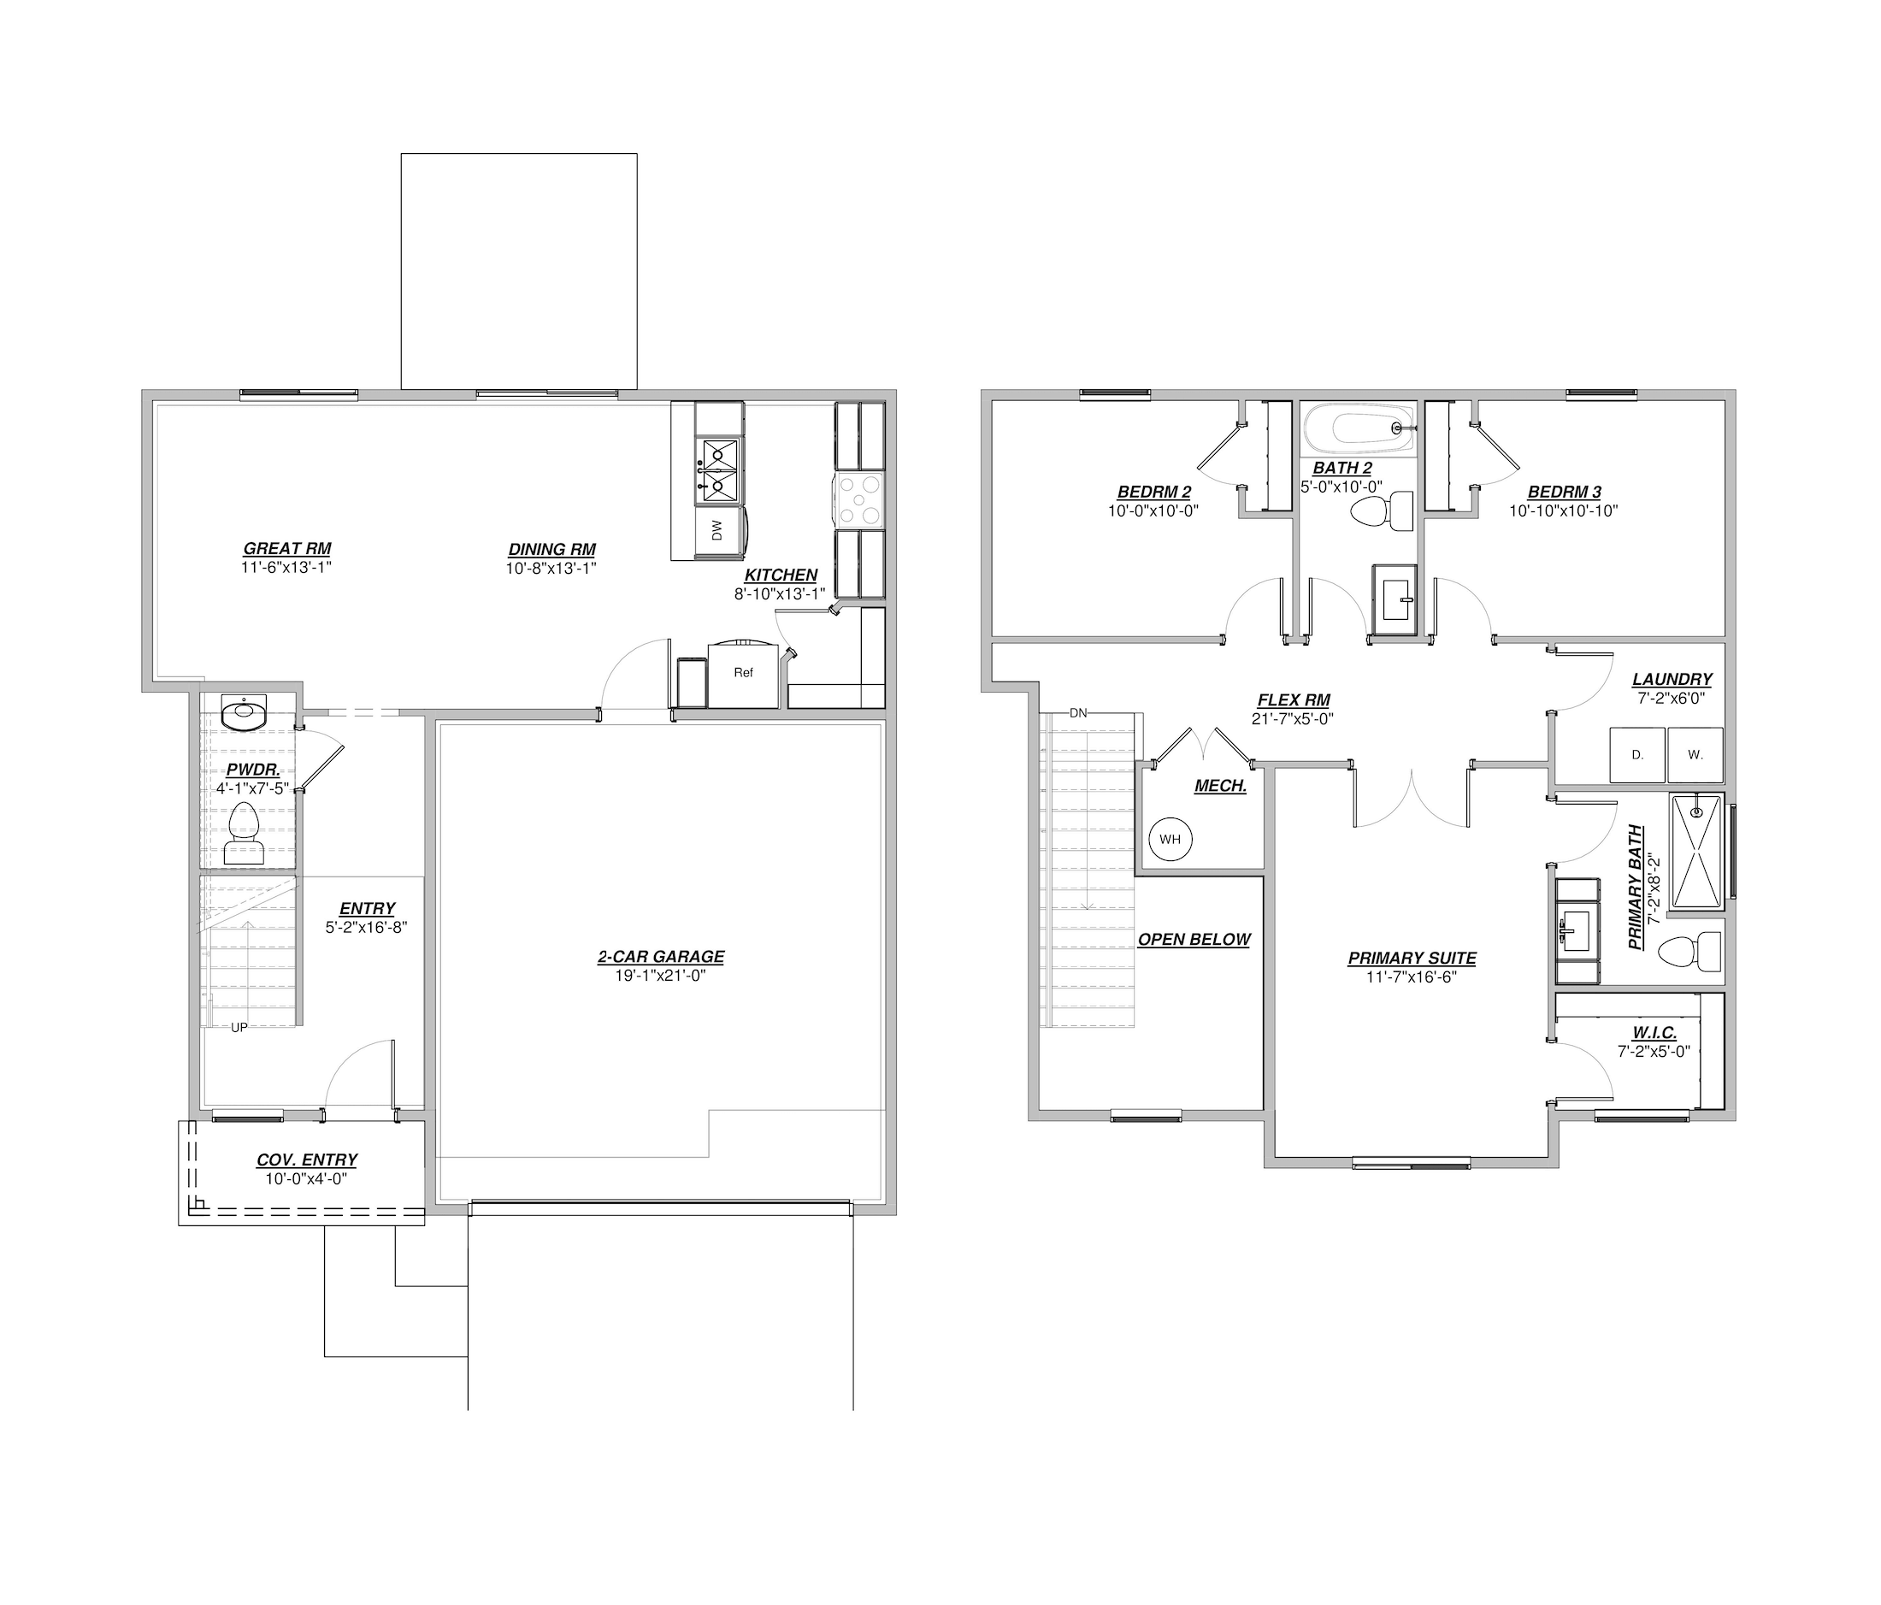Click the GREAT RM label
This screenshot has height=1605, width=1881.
point(287,548)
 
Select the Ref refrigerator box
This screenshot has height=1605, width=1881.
point(744,674)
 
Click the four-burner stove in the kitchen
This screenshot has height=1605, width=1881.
point(858,500)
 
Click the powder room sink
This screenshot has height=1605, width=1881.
point(244,712)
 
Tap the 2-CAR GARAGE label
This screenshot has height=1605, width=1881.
point(661,956)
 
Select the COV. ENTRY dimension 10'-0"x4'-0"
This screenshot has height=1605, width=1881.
point(306,1179)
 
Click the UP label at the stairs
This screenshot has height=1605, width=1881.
point(239,1028)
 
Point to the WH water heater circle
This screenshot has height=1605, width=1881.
point(1170,839)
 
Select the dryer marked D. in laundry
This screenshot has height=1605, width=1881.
point(1637,754)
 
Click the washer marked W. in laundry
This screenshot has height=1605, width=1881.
point(1695,754)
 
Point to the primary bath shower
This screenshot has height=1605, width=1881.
point(1695,852)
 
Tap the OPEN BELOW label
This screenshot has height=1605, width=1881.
point(1194,940)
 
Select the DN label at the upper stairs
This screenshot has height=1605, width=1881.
point(1077,713)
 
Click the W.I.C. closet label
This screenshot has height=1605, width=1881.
point(1654,1033)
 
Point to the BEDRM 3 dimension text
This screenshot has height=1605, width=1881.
point(1563,511)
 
